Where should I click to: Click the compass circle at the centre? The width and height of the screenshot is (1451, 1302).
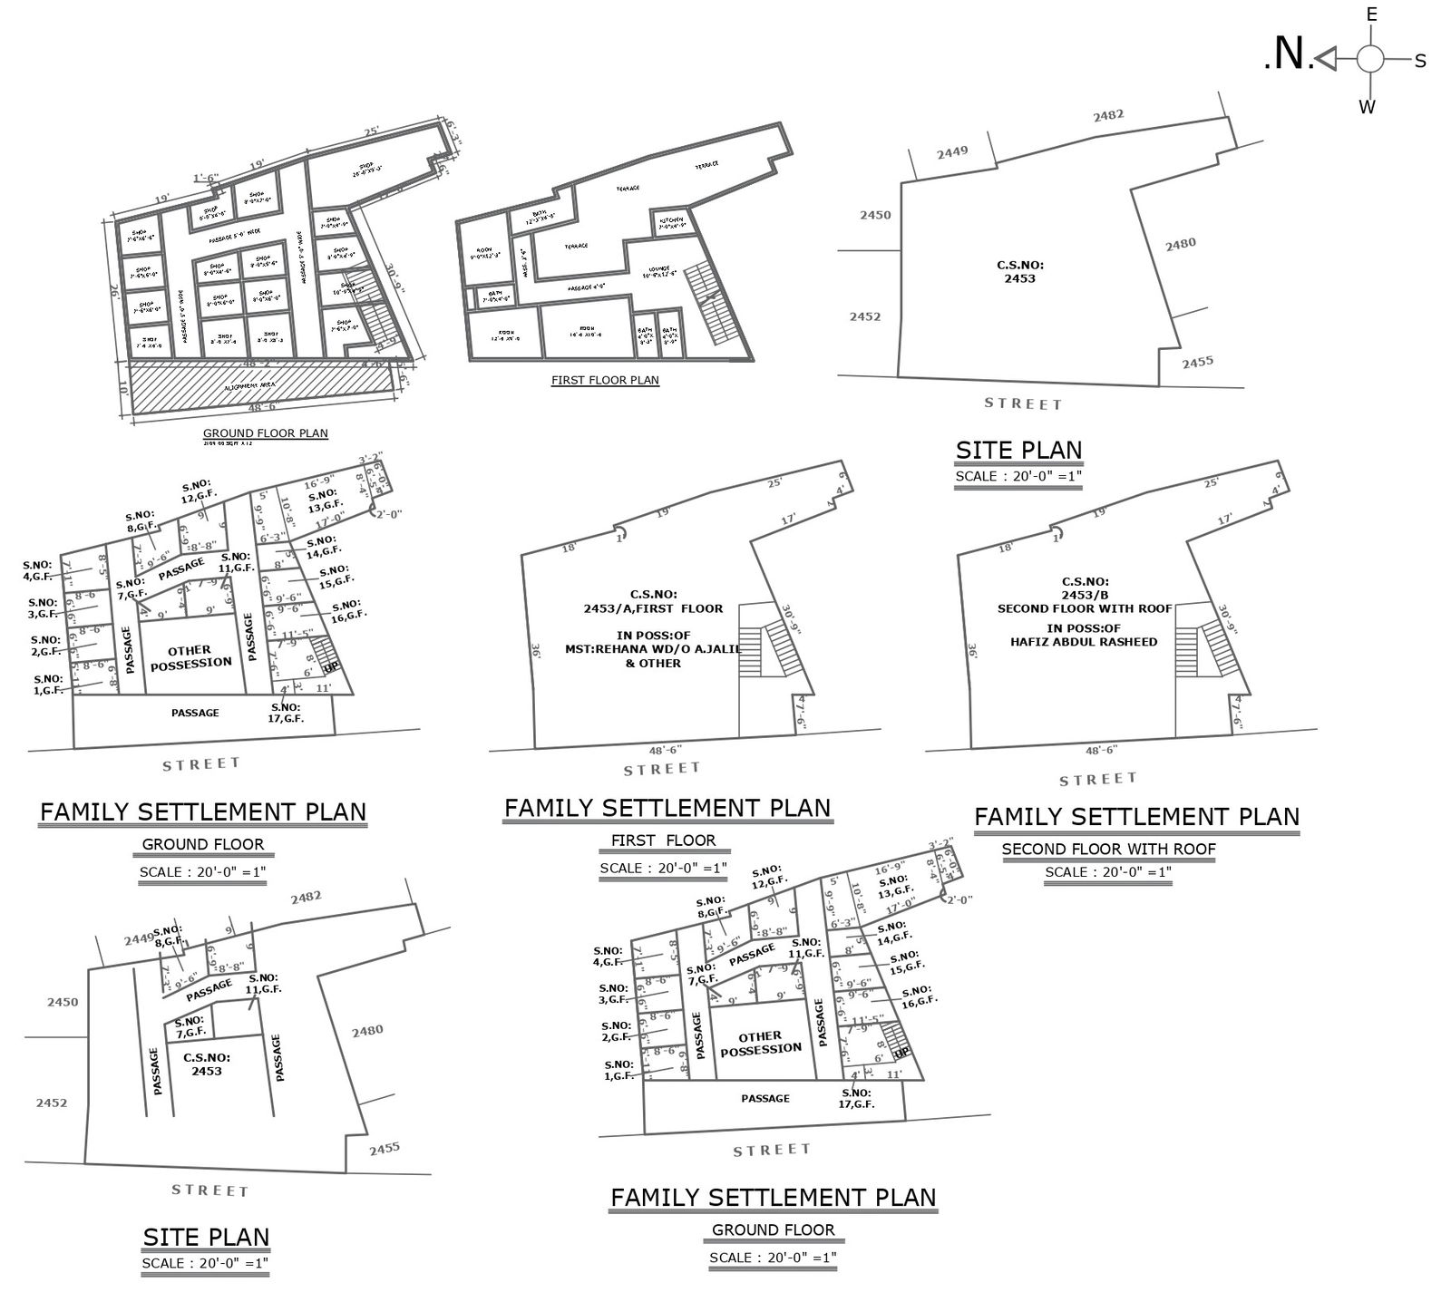click(1369, 60)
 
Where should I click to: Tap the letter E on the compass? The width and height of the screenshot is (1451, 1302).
click(1372, 15)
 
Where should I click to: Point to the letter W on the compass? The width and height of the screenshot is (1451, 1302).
click(1368, 107)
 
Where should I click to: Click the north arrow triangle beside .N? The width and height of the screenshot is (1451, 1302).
click(1326, 59)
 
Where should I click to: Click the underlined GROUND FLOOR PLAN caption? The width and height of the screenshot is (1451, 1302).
click(265, 433)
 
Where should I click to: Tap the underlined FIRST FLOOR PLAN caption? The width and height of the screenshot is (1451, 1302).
click(605, 380)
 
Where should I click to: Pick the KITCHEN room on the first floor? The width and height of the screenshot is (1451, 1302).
click(672, 222)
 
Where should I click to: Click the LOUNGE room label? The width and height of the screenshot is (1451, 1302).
click(658, 271)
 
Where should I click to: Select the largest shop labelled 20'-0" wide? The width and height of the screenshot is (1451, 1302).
click(367, 169)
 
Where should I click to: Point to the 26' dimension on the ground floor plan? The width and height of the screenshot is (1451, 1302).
click(115, 294)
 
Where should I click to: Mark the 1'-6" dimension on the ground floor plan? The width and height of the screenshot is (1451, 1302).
click(206, 178)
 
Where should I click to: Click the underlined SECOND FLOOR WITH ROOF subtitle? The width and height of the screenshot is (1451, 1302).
click(1108, 850)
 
